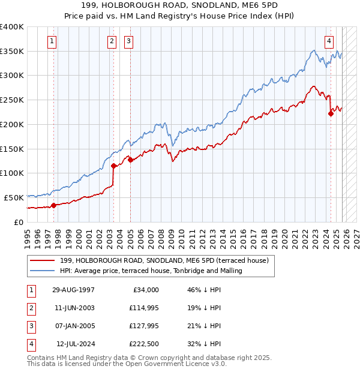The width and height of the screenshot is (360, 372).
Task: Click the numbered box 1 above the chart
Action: pos(53,41)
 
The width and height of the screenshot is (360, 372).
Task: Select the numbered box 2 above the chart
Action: pos(112,41)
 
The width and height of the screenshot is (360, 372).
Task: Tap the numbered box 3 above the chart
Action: pos(129,41)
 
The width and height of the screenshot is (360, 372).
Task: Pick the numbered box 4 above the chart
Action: pos(329,41)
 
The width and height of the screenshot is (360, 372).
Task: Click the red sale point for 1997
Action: pos(53,205)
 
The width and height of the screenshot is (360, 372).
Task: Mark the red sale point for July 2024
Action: pos(331,113)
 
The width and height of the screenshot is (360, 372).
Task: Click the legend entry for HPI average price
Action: pos(151,271)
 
